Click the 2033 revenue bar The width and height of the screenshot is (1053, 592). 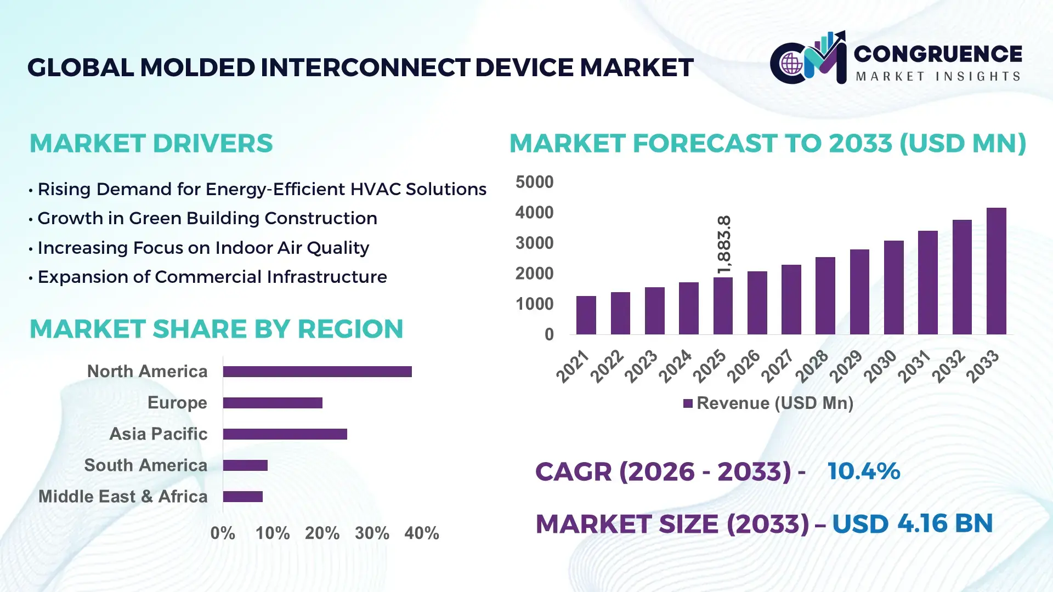tap(996, 271)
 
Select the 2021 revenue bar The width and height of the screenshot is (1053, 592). tap(586, 315)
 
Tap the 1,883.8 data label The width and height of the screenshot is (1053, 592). tap(724, 245)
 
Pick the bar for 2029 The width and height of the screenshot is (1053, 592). tap(859, 292)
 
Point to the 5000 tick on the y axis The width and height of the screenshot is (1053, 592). tap(534, 182)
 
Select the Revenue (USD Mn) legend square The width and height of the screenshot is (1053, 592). tap(688, 403)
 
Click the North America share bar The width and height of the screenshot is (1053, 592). tap(317, 372)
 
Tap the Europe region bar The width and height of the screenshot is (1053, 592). tap(273, 403)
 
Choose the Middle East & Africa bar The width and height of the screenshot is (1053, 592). tap(242, 497)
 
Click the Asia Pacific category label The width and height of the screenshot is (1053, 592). tap(158, 434)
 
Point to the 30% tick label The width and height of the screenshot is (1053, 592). tap(372, 533)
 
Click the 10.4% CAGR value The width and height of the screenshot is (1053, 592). tap(863, 471)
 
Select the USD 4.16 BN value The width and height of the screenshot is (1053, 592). tap(912, 523)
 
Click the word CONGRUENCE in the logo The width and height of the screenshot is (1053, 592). tap(938, 54)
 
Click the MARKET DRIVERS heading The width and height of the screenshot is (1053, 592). tap(151, 144)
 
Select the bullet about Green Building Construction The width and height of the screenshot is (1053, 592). tap(207, 218)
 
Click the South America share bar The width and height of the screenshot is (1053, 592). tap(245, 465)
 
